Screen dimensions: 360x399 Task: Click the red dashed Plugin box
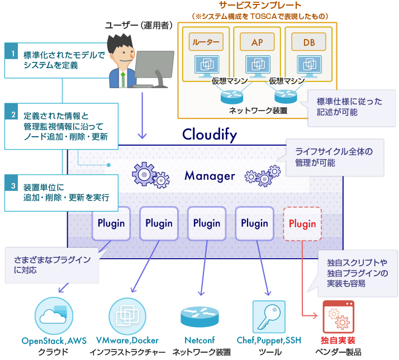tap(302, 224)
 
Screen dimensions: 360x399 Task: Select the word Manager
tap(210, 176)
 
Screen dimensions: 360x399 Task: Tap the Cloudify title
tap(210, 135)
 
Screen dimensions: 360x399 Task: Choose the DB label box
tap(309, 42)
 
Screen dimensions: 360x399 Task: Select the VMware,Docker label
tap(127, 340)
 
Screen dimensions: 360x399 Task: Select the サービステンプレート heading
tap(260, 6)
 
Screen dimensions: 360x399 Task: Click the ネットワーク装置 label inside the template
tap(258, 110)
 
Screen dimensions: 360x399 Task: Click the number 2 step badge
tap(12, 116)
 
